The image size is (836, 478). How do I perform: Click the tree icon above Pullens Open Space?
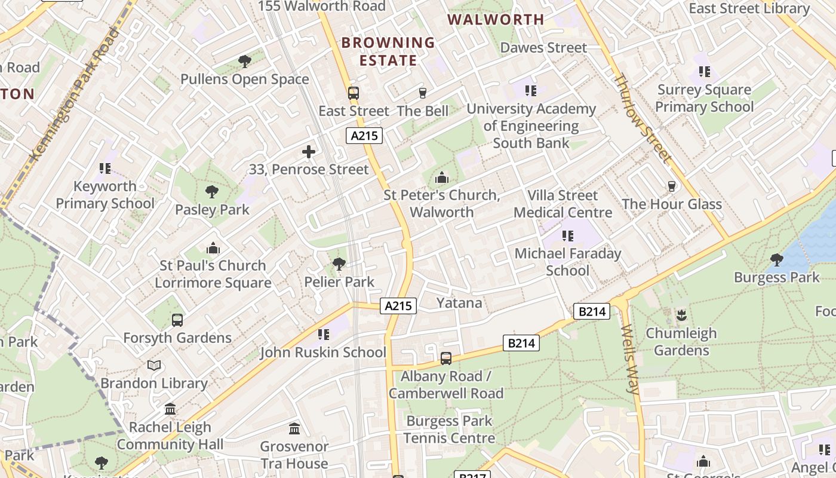tap(244, 61)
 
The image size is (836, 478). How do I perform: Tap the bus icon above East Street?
tap(354, 93)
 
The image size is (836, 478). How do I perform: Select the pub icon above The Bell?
tap(423, 93)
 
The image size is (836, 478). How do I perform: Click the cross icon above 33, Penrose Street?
tap(309, 152)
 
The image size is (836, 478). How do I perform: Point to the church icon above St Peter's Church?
tap(442, 177)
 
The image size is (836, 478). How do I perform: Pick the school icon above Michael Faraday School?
tap(567, 236)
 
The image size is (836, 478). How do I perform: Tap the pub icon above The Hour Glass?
tap(672, 186)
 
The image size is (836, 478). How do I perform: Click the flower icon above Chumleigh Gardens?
tap(681, 315)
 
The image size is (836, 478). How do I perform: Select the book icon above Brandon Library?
tap(154, 365)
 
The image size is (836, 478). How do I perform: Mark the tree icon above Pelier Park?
tap(339, 263)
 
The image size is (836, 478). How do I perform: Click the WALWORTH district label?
tap(496, 20)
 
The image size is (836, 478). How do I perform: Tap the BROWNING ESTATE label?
tap(388, 51)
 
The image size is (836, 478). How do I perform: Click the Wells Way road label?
tap(631, 358)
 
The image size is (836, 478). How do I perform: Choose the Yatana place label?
tap(459, 303)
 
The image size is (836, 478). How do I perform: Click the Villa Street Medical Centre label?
tap(563, 204)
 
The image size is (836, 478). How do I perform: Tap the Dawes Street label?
tap(543, 47)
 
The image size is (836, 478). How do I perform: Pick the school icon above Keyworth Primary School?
tap(105, 168)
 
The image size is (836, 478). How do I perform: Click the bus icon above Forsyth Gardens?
tap(177, 320)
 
